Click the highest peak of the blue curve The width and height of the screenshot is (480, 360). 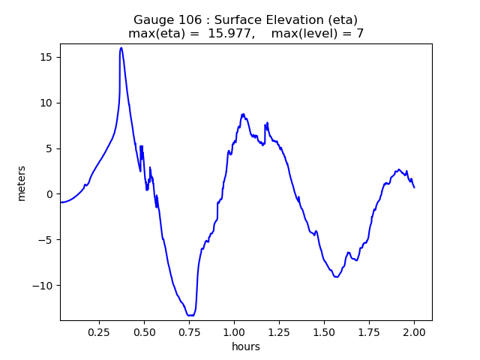pos(121,48)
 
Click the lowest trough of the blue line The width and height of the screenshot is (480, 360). pos(190,315)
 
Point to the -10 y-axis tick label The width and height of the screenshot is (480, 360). pos(43,286)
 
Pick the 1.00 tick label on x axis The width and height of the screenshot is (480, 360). pos(234,331)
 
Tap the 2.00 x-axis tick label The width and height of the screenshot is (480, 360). pos(415,331)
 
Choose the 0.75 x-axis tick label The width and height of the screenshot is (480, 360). pos(189,331)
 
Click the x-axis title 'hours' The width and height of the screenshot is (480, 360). pos(246,346)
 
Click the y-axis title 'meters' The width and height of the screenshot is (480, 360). pos(22,183)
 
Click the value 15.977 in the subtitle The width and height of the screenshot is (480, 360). pos(231,34)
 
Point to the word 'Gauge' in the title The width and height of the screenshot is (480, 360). pos(152,20)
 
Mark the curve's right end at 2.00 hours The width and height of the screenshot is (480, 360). pos(414,187)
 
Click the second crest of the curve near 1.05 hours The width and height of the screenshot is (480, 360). pos(243,114)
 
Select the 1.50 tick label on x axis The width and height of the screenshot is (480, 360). pos(324,331)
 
